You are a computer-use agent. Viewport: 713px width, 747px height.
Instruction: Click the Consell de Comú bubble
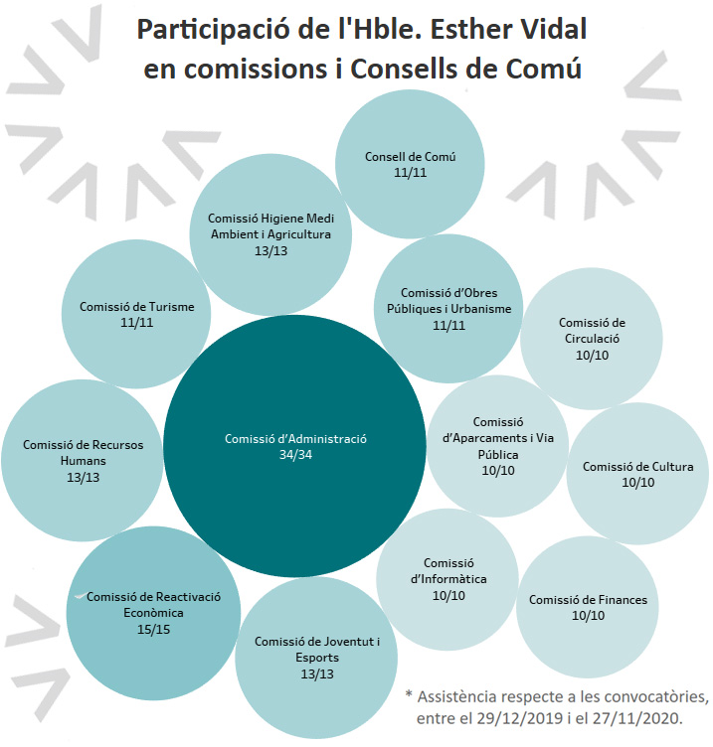[x=410, y=164]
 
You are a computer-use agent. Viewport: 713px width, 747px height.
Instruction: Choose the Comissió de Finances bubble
[x=588, y=607]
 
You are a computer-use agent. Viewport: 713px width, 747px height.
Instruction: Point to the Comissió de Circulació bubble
[x=592, y=338]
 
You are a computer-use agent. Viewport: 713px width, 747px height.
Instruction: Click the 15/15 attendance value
[x=153, y=630]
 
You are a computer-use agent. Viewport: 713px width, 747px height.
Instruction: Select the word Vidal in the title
[x=550, y=29]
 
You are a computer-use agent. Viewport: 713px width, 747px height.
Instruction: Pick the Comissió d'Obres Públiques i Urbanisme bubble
[x=448, y=308]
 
